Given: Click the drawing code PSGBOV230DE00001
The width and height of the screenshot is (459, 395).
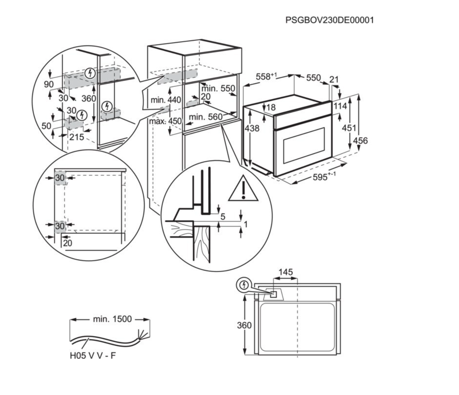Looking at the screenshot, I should coord(329,20).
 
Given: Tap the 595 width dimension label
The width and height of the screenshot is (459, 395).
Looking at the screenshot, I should coord(320,177).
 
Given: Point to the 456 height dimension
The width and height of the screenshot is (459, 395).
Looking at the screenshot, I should coord(360,141).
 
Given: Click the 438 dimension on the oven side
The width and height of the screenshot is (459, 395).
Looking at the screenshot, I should coord(252,128).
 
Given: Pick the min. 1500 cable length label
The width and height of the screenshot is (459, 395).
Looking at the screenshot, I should coord(112,319).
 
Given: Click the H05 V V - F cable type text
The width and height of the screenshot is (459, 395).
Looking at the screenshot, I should coord(93,356).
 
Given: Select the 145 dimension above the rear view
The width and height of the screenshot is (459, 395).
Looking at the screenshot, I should coord(285,272).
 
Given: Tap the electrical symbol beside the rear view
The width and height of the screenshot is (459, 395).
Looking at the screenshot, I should coord(244,285).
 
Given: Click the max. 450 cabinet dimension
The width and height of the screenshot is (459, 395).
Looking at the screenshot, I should coord(165,121).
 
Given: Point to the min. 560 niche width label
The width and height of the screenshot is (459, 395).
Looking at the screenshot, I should coord(205,117).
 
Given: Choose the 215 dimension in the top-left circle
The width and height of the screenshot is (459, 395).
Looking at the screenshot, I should coord(77,137).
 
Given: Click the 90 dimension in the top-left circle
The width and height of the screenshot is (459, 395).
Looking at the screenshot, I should coord(49,84).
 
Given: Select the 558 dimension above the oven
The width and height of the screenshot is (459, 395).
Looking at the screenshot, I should coord(263,77).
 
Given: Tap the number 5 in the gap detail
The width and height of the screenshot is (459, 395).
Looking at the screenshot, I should coord(223,217).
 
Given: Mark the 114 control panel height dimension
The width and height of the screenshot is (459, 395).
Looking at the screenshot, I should coord(340,106).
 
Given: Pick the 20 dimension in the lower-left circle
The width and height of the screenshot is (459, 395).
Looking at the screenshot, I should coord(68,243).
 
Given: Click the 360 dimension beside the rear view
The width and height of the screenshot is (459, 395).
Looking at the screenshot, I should coord(244,325).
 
